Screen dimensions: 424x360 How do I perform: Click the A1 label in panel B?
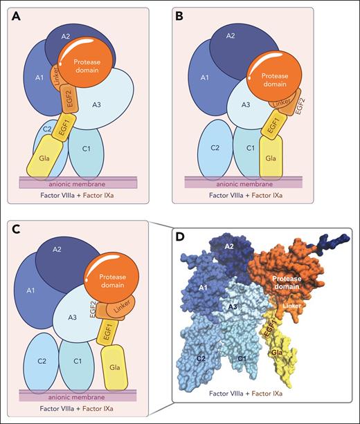click(x=204, y=78)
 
